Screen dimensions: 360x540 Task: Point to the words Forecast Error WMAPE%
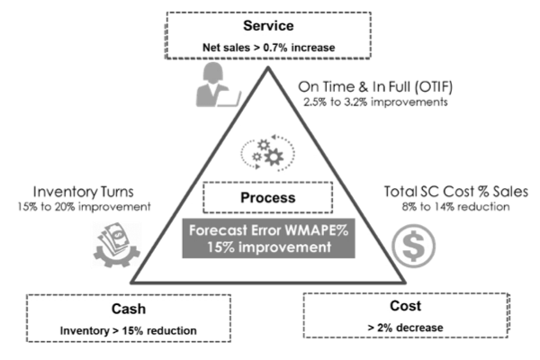coord(268,229)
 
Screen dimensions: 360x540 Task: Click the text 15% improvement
coord(268,247)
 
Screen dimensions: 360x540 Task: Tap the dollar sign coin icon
coord(416,244)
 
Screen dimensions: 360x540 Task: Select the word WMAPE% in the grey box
coord(316,229)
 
